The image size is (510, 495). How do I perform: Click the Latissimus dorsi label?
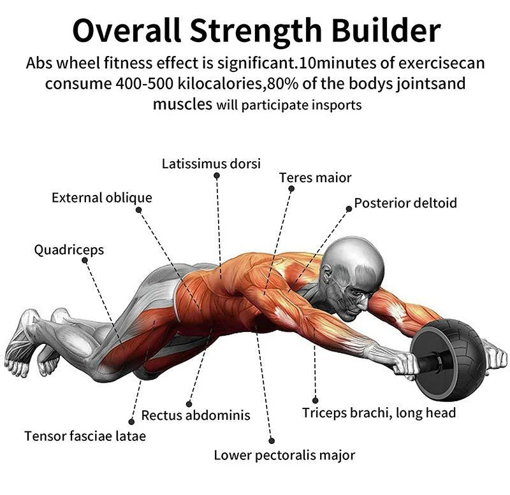pos(211,164)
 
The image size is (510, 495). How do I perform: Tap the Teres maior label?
pos(315,178)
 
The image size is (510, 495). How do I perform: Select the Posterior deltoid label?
pos(405,203)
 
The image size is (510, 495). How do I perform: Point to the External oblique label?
pos(102,197)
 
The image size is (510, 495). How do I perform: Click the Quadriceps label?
pos(69,250)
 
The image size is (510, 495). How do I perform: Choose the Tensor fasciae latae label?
pos(85,436)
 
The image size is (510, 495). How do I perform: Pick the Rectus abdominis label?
pos(196,415)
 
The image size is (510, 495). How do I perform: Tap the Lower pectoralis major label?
pos(284,455)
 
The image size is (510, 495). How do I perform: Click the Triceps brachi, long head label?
pos(379,413)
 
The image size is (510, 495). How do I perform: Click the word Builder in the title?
pos(386,31)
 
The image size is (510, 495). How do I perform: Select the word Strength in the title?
pos(256,31)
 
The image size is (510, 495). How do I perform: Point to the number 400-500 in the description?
pos(144,83)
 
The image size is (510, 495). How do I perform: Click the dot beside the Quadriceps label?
pos(85,260)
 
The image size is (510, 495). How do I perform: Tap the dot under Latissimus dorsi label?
pos(217,176)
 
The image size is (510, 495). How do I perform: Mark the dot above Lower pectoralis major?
pos(272,441)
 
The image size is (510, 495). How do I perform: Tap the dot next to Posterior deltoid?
pos(349,209)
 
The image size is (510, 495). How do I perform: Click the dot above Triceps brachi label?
pos(315,401)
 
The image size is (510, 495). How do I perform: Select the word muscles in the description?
pos(182,104)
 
